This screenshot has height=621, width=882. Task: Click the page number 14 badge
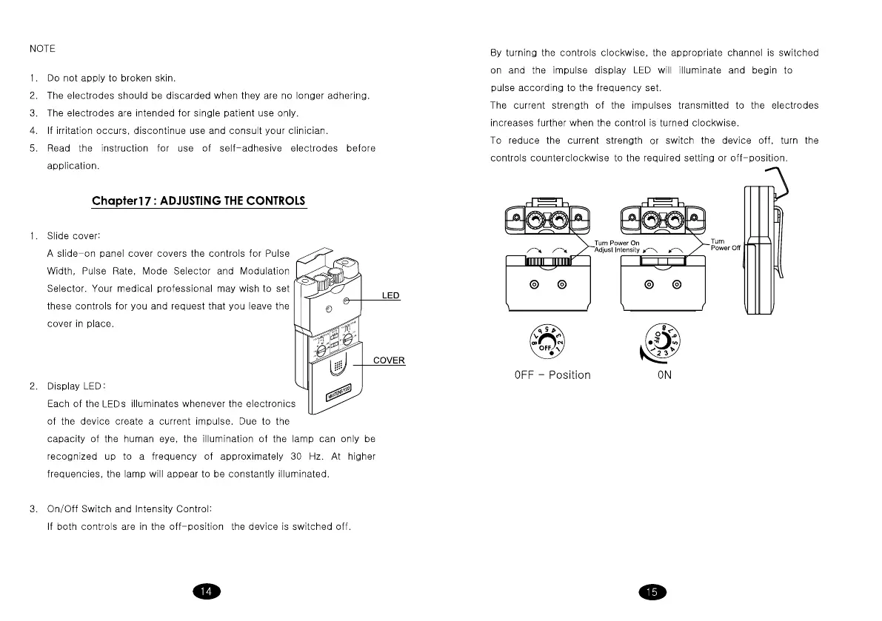click(x=207, y=591)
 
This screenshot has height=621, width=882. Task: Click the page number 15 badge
click(x=652, y=591)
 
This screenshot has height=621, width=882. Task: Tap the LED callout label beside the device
click(x=390, y=296)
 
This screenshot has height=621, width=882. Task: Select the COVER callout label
click(x=389, y=360)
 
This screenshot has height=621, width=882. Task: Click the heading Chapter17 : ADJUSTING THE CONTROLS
click(x=198, y=201)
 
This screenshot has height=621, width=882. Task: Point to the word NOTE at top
click(x=42, y=49)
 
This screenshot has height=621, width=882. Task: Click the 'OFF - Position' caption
click(x=552, y=375)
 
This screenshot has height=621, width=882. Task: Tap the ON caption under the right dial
click(x=664, y=375)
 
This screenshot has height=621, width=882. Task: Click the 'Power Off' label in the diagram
click(x=725, y=249)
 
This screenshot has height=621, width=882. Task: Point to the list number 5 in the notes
click(x=33, y=148)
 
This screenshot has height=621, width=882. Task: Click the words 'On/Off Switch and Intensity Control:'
click(x=130, y=508)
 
